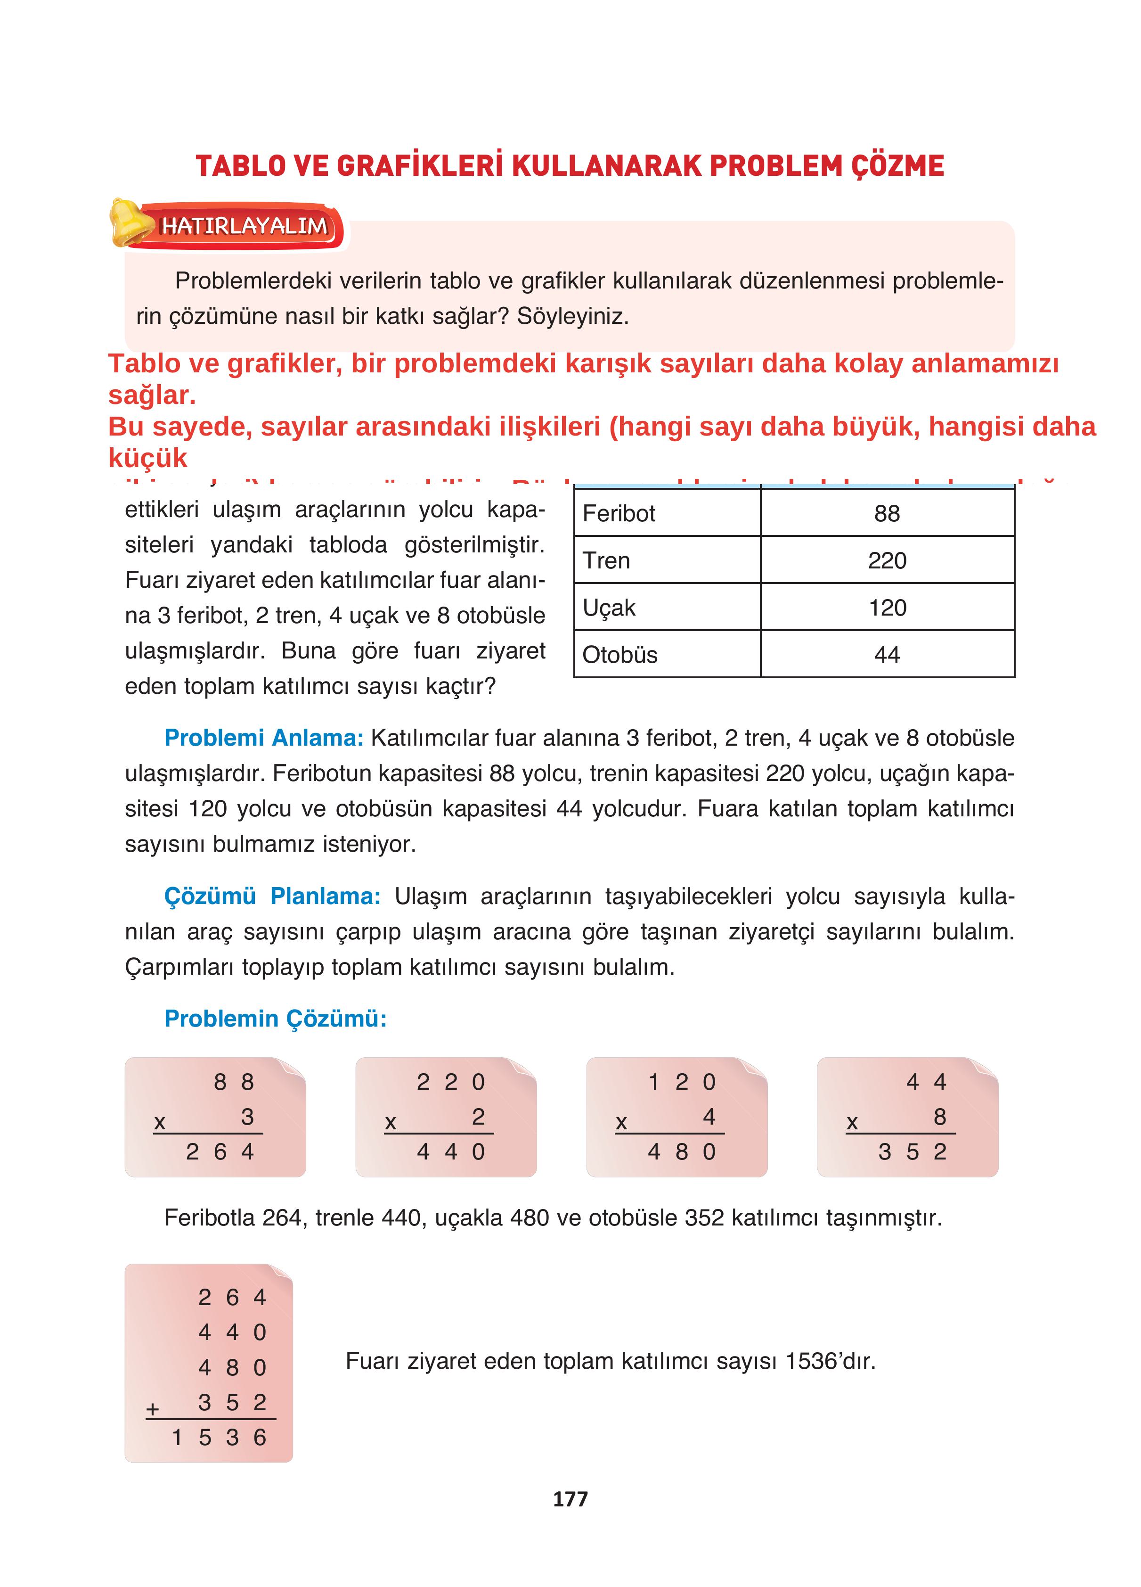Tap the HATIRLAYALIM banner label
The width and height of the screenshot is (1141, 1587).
[244, 226]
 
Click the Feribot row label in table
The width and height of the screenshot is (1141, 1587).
[619, 514]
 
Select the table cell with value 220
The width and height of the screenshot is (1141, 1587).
[886, 560]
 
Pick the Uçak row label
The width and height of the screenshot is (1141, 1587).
[609, 608]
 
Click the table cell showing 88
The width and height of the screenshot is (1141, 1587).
[886, 514]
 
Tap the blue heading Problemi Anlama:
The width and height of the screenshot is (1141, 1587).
[264, 738]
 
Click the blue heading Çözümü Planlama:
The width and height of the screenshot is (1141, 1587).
[272, 896]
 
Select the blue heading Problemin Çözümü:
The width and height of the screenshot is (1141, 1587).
[275, 1018]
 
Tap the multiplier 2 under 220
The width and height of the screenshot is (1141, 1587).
[478, 1116]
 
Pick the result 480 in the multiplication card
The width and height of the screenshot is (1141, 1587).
[681, 1151]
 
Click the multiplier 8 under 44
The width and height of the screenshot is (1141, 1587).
[939, 1116]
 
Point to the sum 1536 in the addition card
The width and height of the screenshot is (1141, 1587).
[219, 1437]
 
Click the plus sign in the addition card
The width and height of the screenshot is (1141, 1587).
[153, 1408]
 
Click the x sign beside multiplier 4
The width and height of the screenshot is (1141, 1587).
[620, 1122]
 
